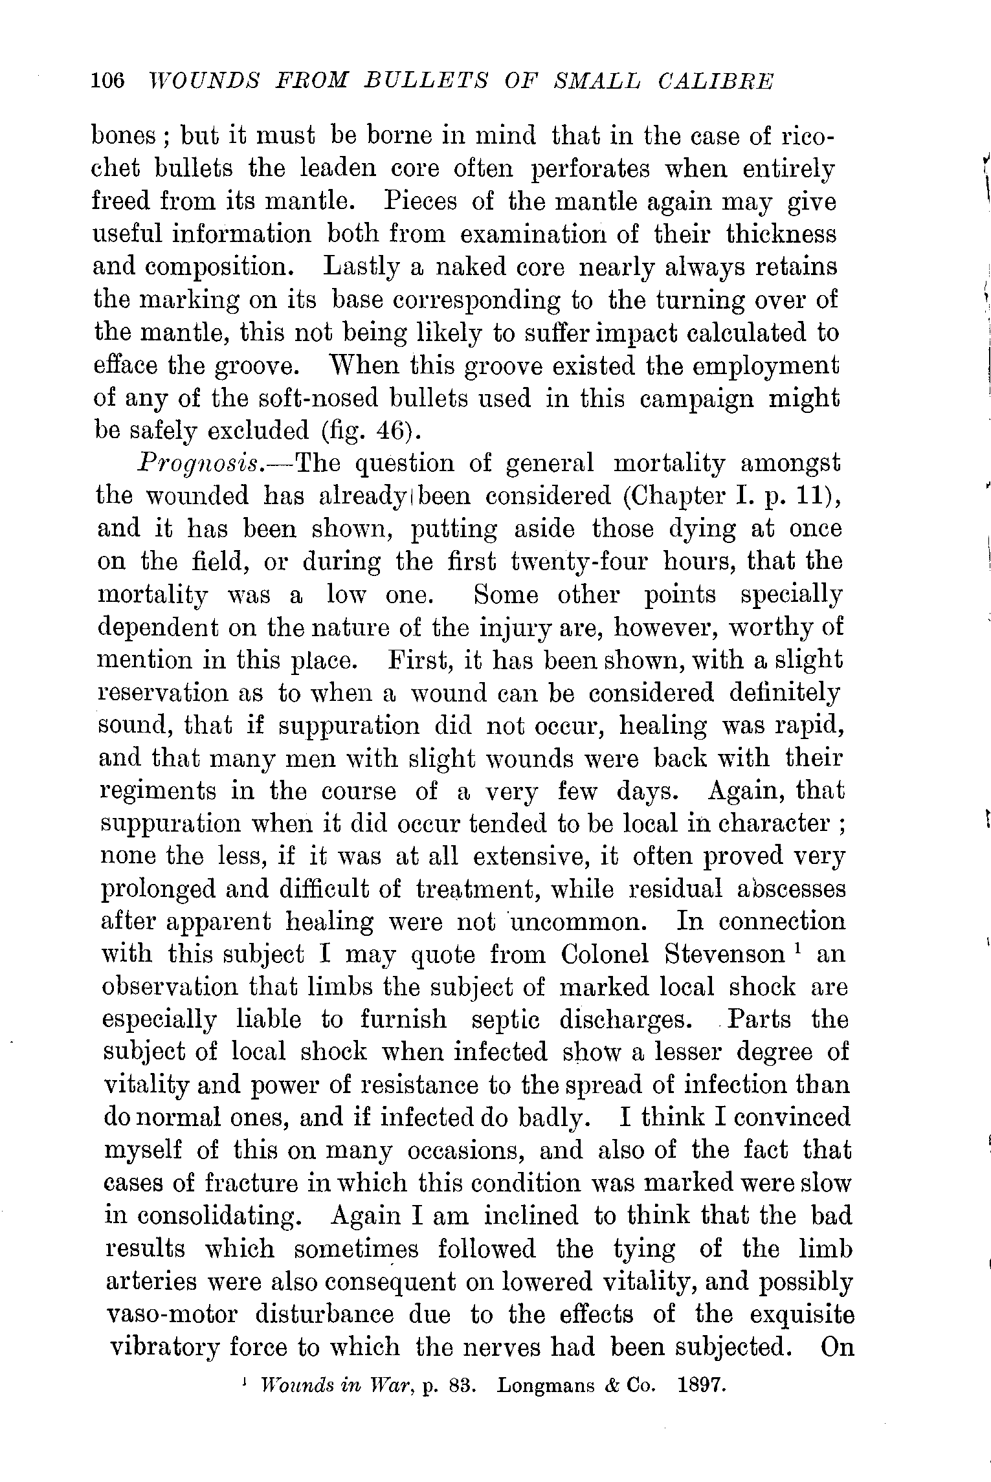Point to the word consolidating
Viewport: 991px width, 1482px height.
point(203,1215)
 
